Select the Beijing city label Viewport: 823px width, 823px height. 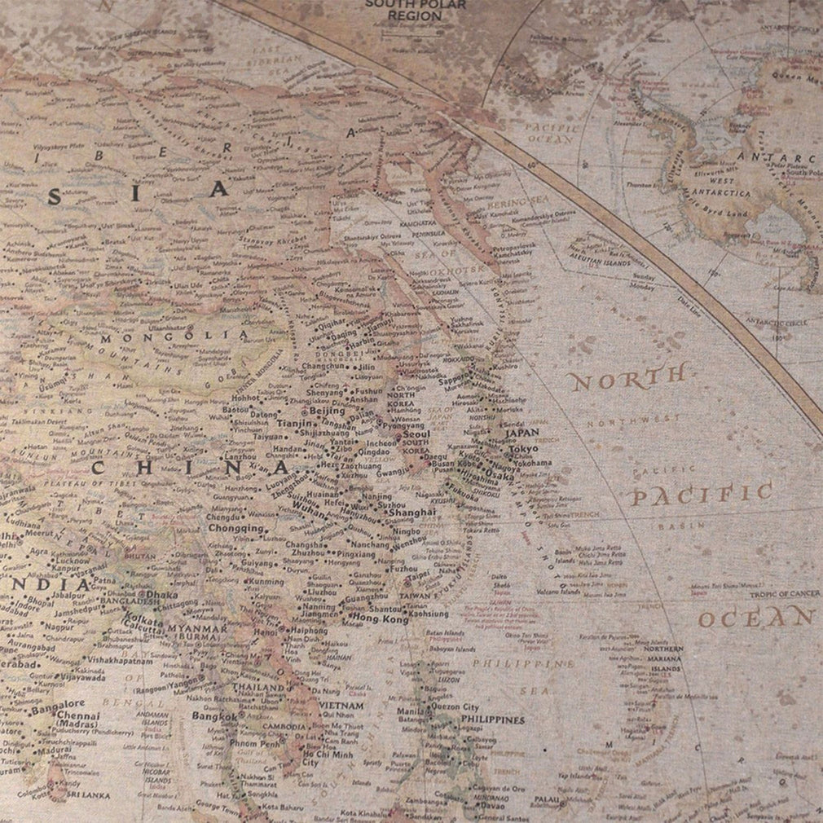[x=328, y=411]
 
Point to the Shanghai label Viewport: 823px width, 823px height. [x=411, y=513]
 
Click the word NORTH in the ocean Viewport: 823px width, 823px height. [x=627, y=376]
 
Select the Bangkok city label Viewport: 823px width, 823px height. [x=213, y=717]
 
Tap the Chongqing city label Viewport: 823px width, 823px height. [x=236, y=528]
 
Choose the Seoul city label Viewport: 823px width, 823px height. [x=415, y=436]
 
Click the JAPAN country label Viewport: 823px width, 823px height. [x=522, y=434]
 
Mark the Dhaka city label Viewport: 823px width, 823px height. [x=162, y=596]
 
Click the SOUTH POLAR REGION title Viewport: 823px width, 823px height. [x=416, y=10]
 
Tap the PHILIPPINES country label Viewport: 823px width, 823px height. [x=492, y=720]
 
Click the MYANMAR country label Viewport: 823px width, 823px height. [x=199, y=628]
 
